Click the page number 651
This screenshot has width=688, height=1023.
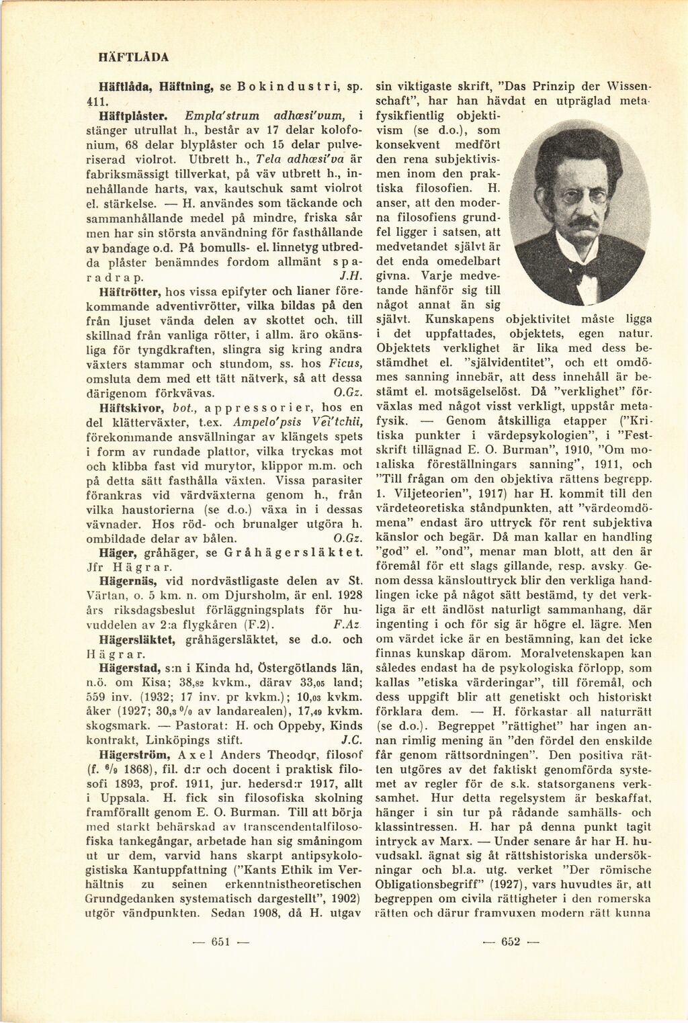(x=221, y=942)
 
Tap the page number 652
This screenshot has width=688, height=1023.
(x=511, y=942)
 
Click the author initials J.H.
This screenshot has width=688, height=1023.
(x=352, y=277)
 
